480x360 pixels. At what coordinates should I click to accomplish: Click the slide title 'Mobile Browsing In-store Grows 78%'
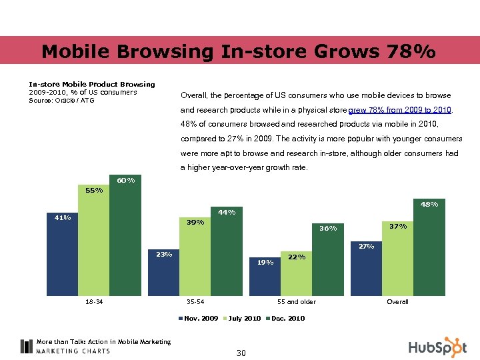239,51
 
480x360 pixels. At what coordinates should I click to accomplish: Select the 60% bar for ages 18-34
125,240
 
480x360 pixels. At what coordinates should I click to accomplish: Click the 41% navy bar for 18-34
63,257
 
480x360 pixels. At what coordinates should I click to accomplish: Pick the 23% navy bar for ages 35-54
163,275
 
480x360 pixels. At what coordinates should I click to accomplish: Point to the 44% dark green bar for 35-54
226,253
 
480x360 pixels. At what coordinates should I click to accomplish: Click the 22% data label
297,257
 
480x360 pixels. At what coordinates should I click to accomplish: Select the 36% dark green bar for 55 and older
327,263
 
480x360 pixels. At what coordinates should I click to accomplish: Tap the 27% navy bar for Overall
366,270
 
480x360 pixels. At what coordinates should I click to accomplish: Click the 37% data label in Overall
398,227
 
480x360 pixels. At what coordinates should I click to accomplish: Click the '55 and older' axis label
297,302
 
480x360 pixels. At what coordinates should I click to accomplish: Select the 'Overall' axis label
397,302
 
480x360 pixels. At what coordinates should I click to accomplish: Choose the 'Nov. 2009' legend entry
201,319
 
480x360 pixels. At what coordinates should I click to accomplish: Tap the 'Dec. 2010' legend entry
287,319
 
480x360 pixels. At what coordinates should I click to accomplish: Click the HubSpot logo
437,347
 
